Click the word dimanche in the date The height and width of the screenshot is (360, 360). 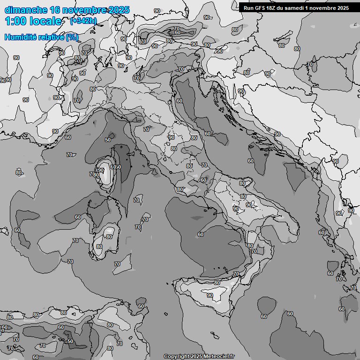pos(26,10)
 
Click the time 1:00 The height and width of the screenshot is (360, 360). pos(14,21)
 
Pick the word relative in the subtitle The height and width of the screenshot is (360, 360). pos(51,37)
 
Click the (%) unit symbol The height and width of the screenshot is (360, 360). pos(72,37)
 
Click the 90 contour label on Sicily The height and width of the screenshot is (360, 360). pos(210,295)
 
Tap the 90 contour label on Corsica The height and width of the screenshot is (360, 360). pos(101,171)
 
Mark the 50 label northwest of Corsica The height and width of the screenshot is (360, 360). pos(108,140)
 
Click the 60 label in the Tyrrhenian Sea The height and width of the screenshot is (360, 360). pos(201,234)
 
